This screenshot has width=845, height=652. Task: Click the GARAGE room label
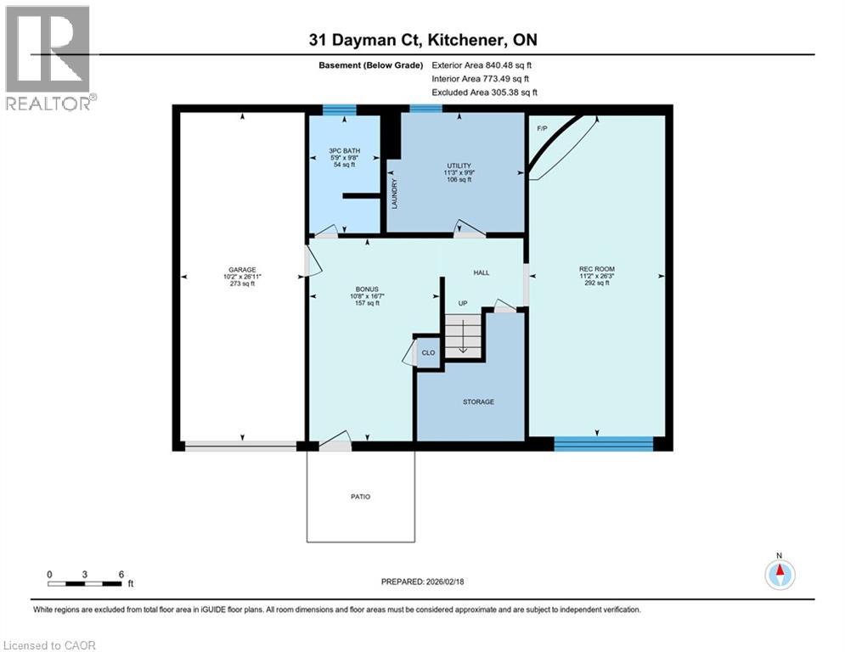(241, 269)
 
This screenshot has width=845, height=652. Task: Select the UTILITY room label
(459, 166)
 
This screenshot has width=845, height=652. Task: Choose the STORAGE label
(478, 402)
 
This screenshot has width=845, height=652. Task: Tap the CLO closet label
(429, 352)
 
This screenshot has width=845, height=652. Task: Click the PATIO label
(360, 497)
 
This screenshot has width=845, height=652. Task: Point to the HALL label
(480, 273)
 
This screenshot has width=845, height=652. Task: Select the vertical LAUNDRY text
(395, 193)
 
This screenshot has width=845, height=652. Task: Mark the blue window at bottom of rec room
(603, 442)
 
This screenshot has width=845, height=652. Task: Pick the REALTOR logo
(48, 58)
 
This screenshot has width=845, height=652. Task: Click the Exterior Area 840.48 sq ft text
(483, 65)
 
